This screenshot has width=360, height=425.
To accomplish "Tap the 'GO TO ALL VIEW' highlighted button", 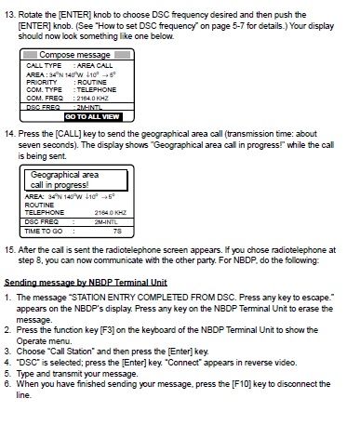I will click(x=92, y=117).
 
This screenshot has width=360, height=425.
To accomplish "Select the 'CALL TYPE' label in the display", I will click(x=42, y=65).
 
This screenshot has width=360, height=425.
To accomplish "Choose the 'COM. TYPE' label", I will click(x=42, y=89).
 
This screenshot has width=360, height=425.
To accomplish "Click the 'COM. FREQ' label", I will click(x=43, y=98).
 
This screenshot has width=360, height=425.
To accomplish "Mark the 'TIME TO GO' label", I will click(x=44, y=230).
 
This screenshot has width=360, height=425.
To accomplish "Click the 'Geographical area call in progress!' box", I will click(x=66, y=179).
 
